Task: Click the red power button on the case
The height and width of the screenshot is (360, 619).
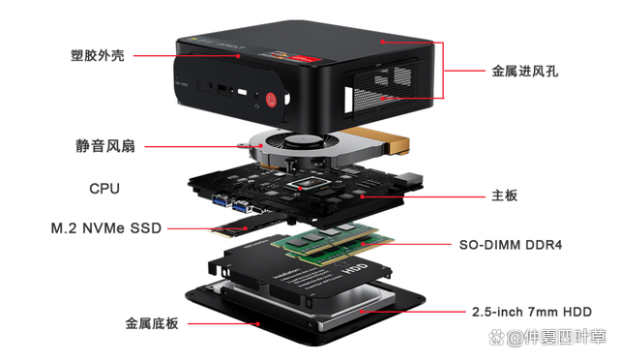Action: coord(272,97)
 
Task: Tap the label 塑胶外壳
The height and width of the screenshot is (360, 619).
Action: coord(98,56)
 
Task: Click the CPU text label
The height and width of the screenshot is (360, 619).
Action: coord(104,188)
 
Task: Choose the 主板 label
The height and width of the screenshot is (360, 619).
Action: coord(505,195)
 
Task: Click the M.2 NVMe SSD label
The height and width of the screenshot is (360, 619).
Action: coord(106,228)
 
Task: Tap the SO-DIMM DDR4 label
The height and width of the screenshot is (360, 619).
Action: coord(509,246)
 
